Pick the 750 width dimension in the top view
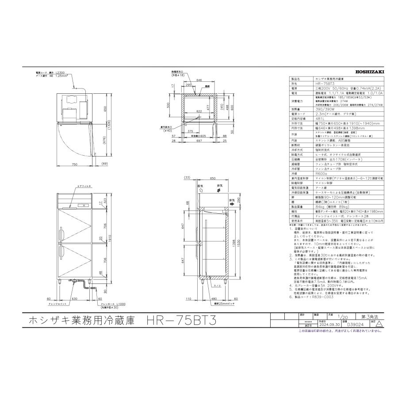click(74, 164)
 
